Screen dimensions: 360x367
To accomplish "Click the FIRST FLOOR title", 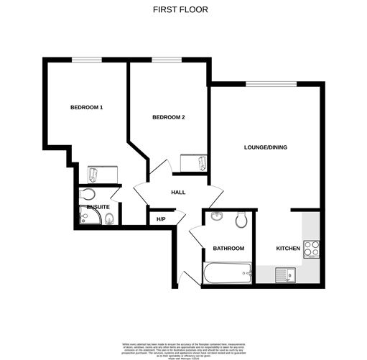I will (183, 10).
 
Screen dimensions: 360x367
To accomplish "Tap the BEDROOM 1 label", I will (86, 108).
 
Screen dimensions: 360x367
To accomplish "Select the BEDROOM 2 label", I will (169, 117).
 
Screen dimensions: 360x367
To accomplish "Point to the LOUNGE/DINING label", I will (265, 147).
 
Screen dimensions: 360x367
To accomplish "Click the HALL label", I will (178, 193).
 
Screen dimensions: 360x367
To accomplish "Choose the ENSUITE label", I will (98, 207).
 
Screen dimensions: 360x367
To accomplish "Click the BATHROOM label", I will (228, 249).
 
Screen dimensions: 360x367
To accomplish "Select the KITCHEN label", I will (288, 249).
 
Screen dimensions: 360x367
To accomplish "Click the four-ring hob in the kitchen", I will (312, 249).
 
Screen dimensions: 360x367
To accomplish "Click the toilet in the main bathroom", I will (242, 218).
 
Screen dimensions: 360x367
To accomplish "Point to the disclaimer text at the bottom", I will (183, 346).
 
